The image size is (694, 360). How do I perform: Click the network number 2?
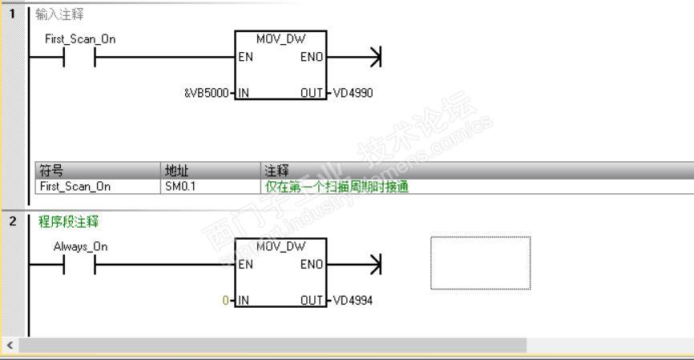point(12,220)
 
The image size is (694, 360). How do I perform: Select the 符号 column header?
point(51,170)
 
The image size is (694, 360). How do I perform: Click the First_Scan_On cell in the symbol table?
point(75,186)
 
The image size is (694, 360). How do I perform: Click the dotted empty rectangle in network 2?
point(480,262)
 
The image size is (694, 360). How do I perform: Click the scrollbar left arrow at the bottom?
point(9,345)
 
